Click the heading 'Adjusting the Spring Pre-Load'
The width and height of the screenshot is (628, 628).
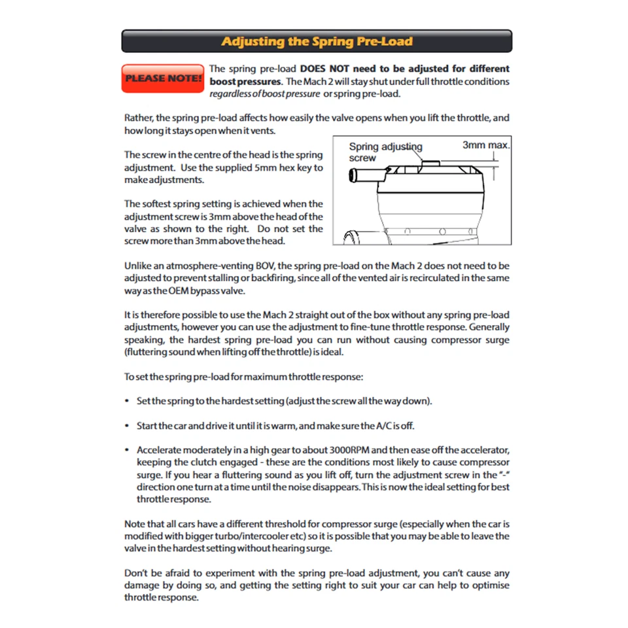click(317, 41)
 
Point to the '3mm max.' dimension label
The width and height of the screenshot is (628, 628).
click(485, 145)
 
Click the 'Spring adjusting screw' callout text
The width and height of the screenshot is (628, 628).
click(385, 152)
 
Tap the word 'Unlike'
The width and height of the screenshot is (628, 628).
click(139, 266)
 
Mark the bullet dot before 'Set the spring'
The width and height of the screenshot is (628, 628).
click(126, 401)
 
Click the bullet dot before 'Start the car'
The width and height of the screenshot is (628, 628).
click(126, 426)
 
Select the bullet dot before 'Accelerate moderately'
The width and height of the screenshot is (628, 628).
click(126, 451)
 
